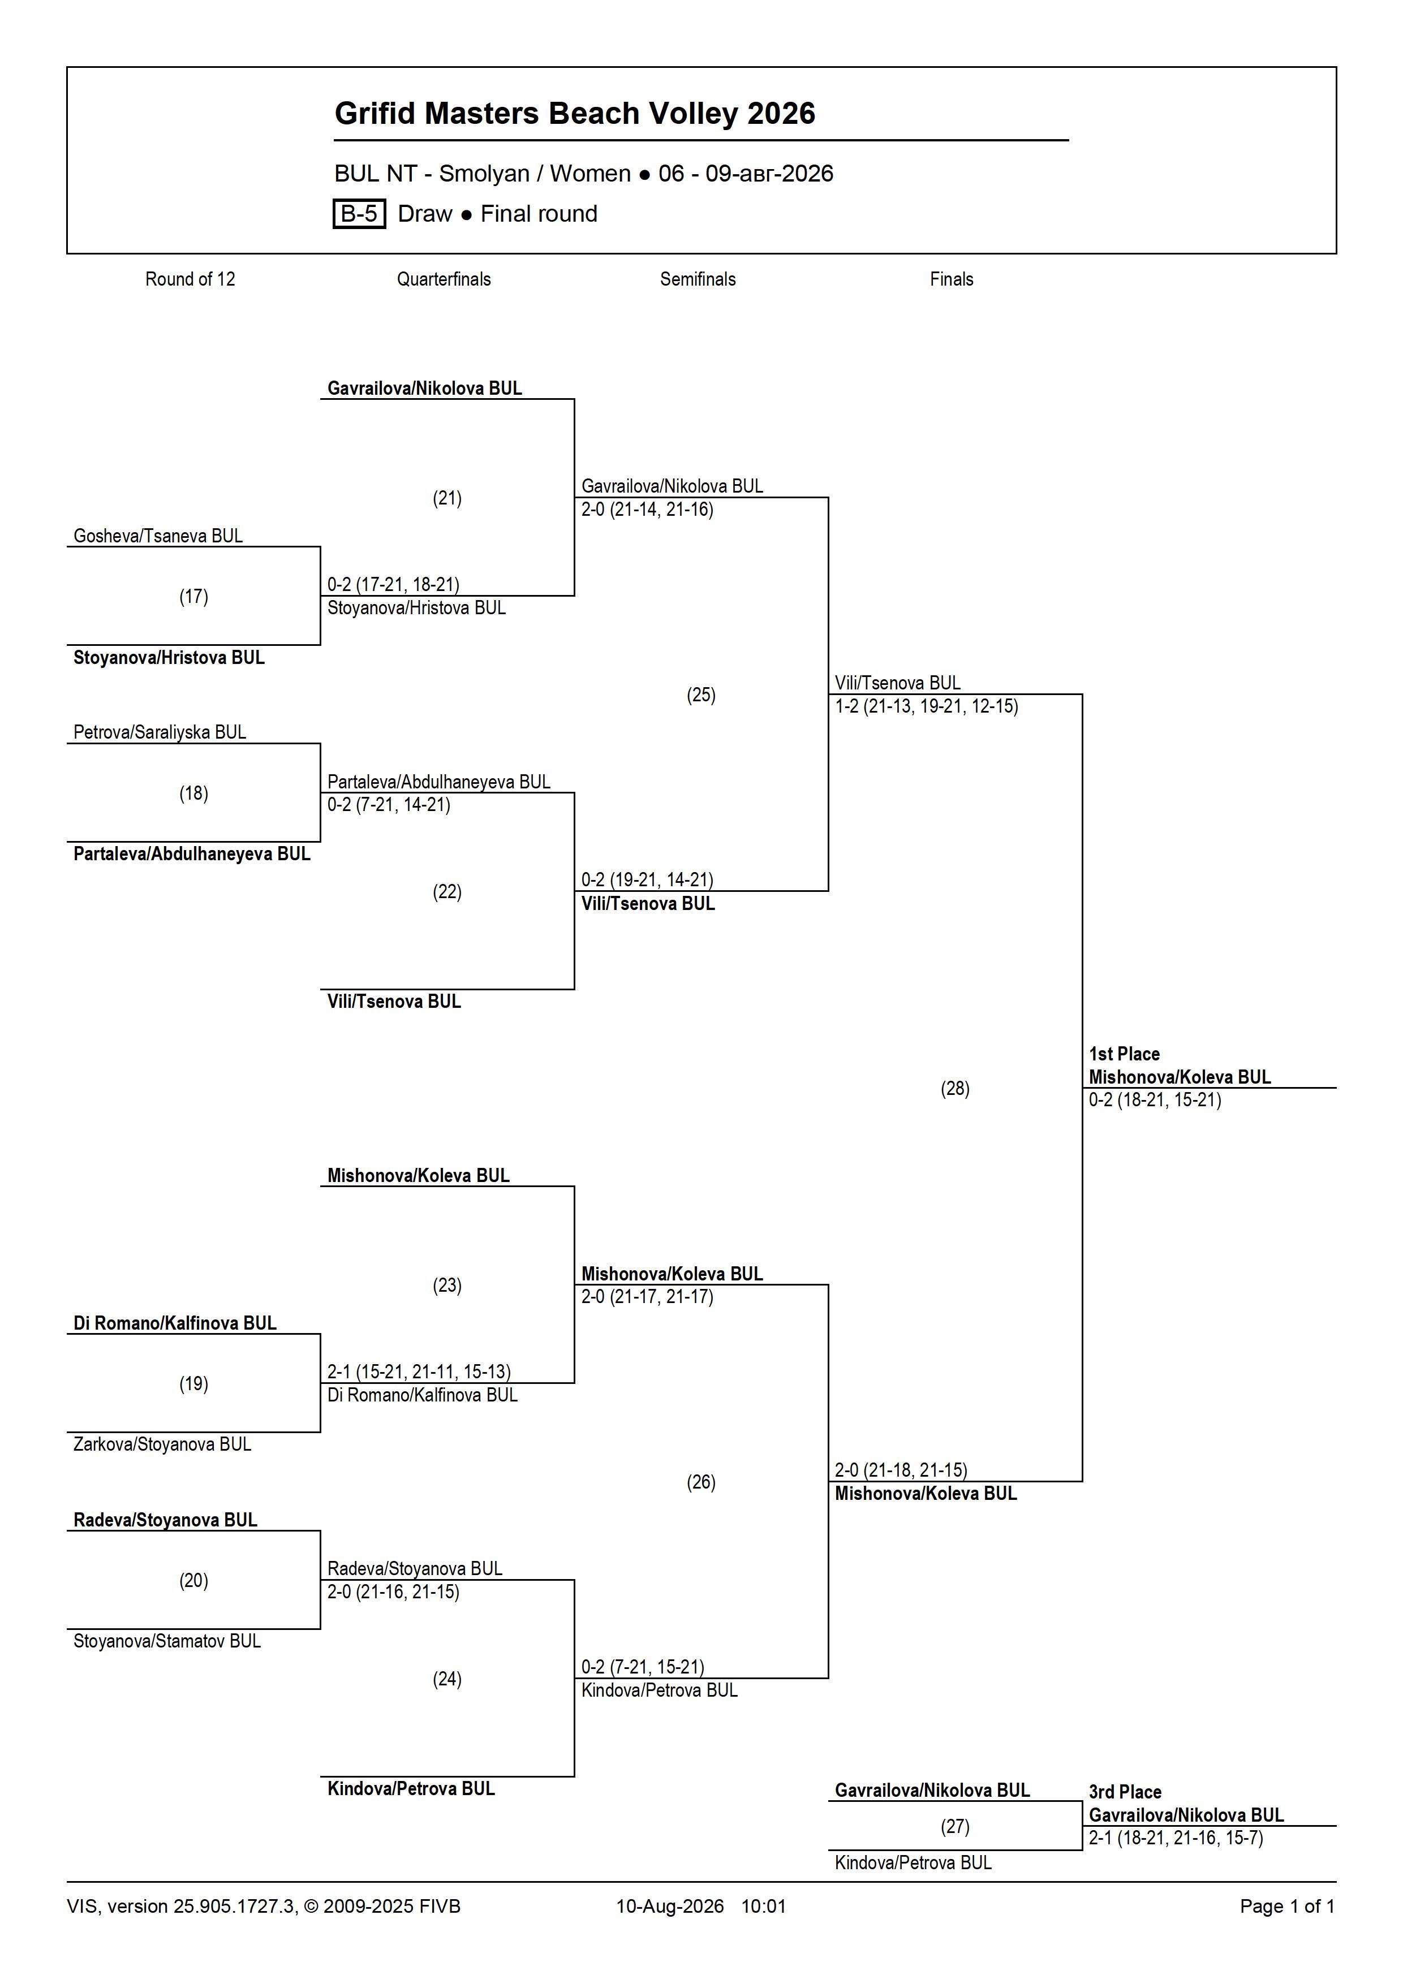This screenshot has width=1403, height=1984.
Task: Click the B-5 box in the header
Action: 359,213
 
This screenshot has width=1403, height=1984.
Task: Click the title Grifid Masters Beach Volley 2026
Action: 575,113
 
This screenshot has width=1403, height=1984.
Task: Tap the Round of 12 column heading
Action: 190,279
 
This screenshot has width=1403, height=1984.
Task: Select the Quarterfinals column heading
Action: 444,279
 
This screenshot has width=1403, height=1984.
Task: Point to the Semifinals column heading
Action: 698,279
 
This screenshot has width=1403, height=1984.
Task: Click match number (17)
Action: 193,596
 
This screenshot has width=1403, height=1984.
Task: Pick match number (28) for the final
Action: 955,1089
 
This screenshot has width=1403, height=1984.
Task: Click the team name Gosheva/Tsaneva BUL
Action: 158,536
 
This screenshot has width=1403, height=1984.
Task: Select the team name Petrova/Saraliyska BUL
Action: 160,732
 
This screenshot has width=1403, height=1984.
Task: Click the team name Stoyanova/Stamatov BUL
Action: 167,1641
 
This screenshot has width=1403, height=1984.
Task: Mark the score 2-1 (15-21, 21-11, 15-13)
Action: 419,1371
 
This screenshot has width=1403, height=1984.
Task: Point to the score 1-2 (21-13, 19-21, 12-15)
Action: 927,706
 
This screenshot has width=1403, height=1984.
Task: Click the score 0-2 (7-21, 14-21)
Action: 389,804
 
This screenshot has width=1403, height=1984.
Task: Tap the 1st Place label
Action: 1124,1053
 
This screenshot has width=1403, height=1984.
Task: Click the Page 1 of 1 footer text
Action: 1287,1906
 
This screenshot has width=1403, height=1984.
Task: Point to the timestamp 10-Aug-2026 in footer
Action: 670,1906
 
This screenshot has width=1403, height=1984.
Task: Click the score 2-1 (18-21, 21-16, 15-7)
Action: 1176,1838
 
